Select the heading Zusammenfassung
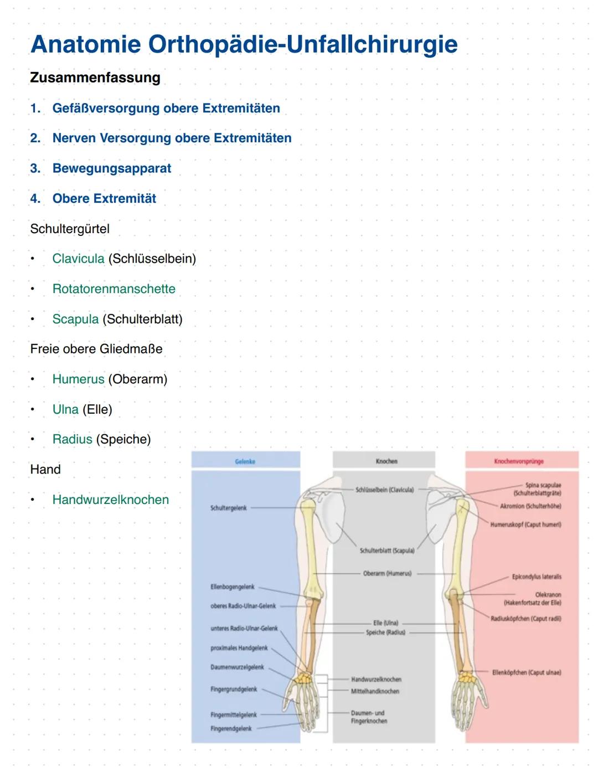click(x=95, y=78)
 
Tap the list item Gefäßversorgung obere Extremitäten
click(x=166, y=109)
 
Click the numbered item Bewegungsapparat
click(x=112, y=168)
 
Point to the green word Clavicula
click(x=78, y=259)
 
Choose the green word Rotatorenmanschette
click(x=114, y=289)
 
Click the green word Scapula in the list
click(x=75, y=319)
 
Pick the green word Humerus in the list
click(x=78, y=379)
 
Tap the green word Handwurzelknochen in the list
click(x=111, y=500)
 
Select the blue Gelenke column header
click(x=245, y=461)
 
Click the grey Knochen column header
click(x=386, y=461)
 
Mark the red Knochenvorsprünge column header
click(x=519, y=461)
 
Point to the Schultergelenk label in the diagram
click(x=229, y=508)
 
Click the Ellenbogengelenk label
click(x=233, y=586)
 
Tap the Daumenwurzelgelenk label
click(x=237, y=667)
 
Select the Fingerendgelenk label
click(x=231, y=729)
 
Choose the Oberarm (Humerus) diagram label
click(x=387, y=574)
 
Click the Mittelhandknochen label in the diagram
click(x=375, y=691)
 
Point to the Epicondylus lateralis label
click(x=536, y=577)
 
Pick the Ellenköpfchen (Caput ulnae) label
click(x=527, y=673)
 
